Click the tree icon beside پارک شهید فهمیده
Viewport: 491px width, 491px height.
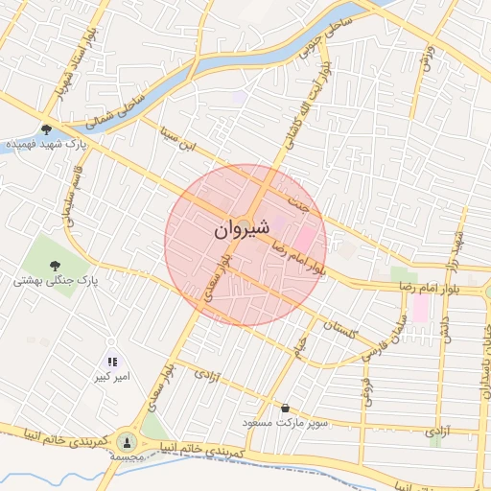pos(47,129)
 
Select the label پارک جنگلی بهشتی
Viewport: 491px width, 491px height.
pos(56,282)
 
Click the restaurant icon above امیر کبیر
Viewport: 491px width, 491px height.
pos(112,362)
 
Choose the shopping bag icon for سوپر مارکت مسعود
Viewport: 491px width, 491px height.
pos(285,408)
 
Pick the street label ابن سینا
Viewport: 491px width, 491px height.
pos(176,147)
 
